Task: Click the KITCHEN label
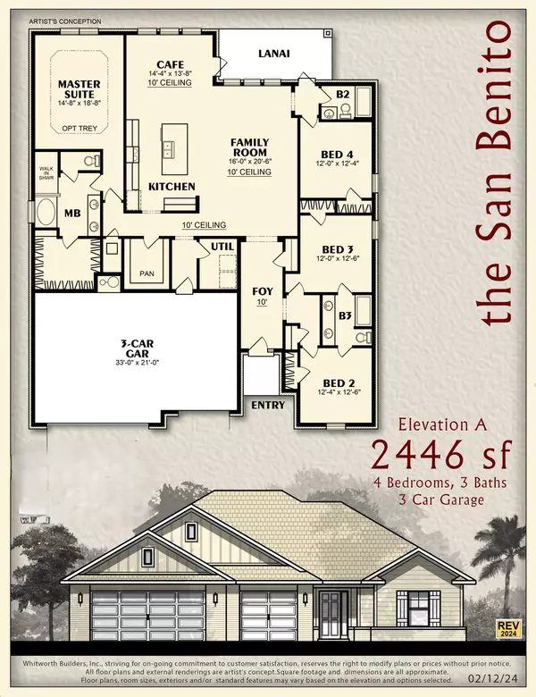click(172, 185)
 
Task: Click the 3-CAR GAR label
click(126, 346)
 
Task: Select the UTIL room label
click(222, 246)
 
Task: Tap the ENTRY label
click(269, 405)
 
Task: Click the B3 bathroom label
click(345, 315)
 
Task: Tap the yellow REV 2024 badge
click(509, 628)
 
